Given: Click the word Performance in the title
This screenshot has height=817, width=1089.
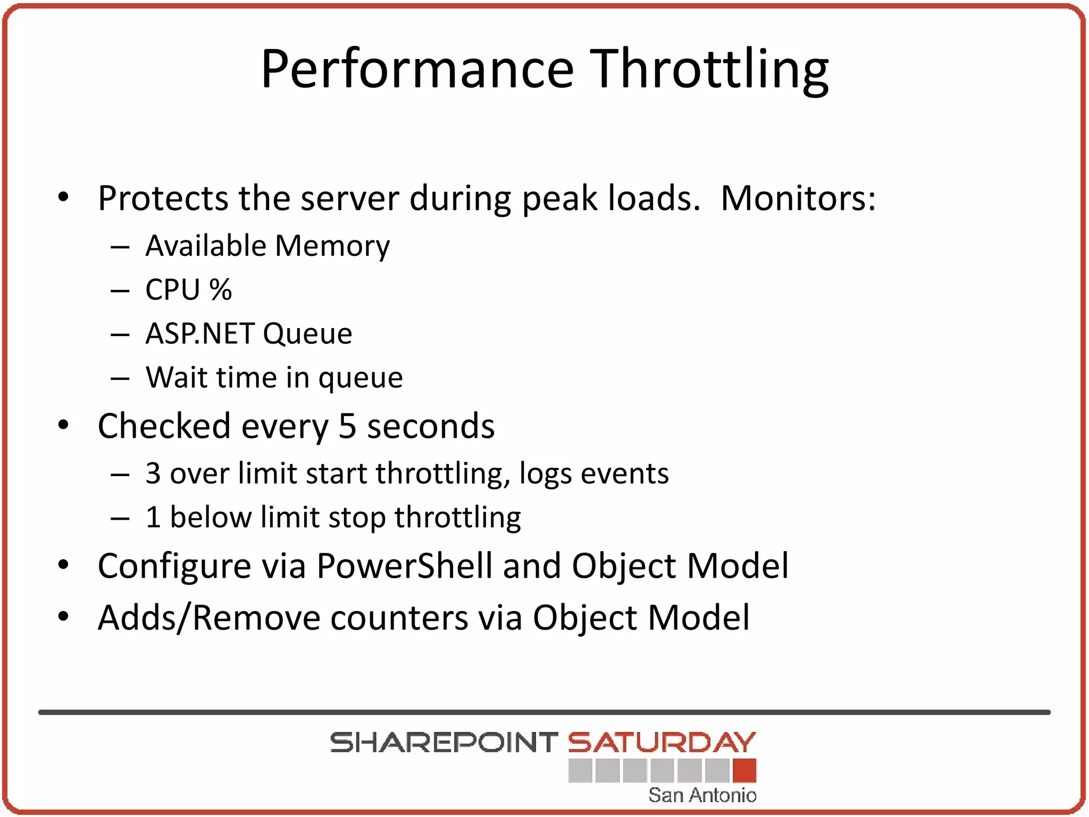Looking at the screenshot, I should [417, 69].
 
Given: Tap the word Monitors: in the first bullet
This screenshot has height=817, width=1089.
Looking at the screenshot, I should [798, 198].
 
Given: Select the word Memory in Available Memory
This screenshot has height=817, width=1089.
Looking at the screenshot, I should [332, 246].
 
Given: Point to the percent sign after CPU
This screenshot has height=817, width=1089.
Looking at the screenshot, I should [220, 290].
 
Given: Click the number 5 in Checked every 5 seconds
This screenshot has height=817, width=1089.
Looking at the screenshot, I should [347, 426].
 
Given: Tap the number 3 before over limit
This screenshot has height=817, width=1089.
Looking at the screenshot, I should [153, 473].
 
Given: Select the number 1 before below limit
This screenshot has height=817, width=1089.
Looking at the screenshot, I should [153, 517].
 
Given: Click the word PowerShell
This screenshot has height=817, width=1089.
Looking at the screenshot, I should [404, 565].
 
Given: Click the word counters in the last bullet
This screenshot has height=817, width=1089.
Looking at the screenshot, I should [399, 618].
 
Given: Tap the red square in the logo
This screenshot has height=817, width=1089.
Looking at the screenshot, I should [744, 771].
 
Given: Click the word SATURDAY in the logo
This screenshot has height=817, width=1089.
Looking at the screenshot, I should [661, 743].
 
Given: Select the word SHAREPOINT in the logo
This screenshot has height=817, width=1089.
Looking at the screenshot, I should [444, 743].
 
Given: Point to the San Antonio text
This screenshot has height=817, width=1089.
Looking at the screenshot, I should [702, 795].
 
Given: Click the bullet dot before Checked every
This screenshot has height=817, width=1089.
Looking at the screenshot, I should [63, 425].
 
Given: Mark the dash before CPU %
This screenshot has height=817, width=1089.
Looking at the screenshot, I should [120, 291].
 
